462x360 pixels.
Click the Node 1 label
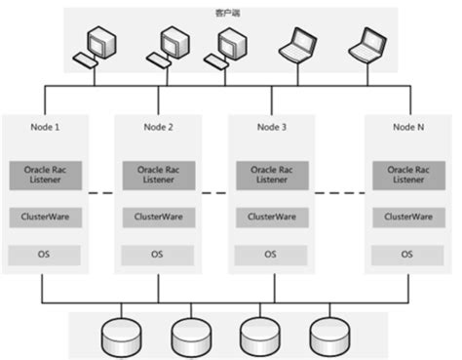tap(43, 128)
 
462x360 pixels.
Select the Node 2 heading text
tap(157, 128)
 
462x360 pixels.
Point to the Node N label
tap(407, 128)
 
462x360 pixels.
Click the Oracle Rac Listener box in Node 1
tap(43, 176)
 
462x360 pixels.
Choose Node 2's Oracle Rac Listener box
tap(157, 176)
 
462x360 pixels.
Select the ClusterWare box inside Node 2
tap(157, 217)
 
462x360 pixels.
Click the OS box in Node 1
tap(43, 254)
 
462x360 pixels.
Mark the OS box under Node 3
tap(270, 254)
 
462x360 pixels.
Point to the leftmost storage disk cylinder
tap(118, 335)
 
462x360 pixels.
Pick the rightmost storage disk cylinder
tap(327, 335)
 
